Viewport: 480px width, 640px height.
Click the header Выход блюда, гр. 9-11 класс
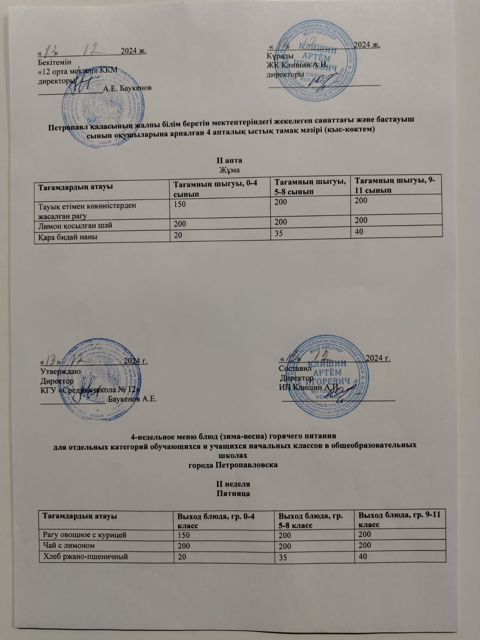400,519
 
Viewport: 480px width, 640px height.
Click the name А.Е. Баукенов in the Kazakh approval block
127,88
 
